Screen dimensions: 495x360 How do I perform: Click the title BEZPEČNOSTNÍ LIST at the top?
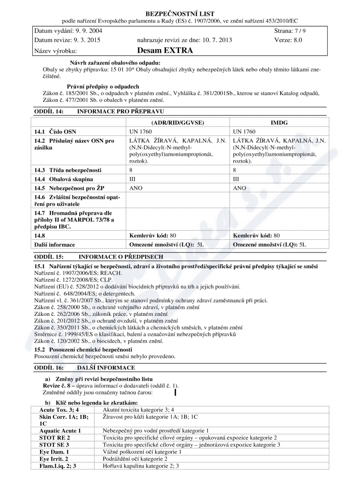coord(180,14)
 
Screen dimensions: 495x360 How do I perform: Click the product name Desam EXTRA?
coord(165,50)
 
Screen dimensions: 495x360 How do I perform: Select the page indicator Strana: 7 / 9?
coord(290,31)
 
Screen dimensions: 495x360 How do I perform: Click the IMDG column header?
coord(279,122)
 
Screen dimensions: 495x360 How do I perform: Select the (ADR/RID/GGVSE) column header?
coord(177,122)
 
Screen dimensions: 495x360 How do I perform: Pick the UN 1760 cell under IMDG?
coord(244,131)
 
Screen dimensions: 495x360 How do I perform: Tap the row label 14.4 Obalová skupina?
coord(64,179)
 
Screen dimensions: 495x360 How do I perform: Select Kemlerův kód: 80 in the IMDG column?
coord(256,235)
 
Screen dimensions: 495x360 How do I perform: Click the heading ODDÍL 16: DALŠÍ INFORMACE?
coord(84,368)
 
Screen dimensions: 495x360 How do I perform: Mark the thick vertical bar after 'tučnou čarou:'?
coord(175,392)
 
